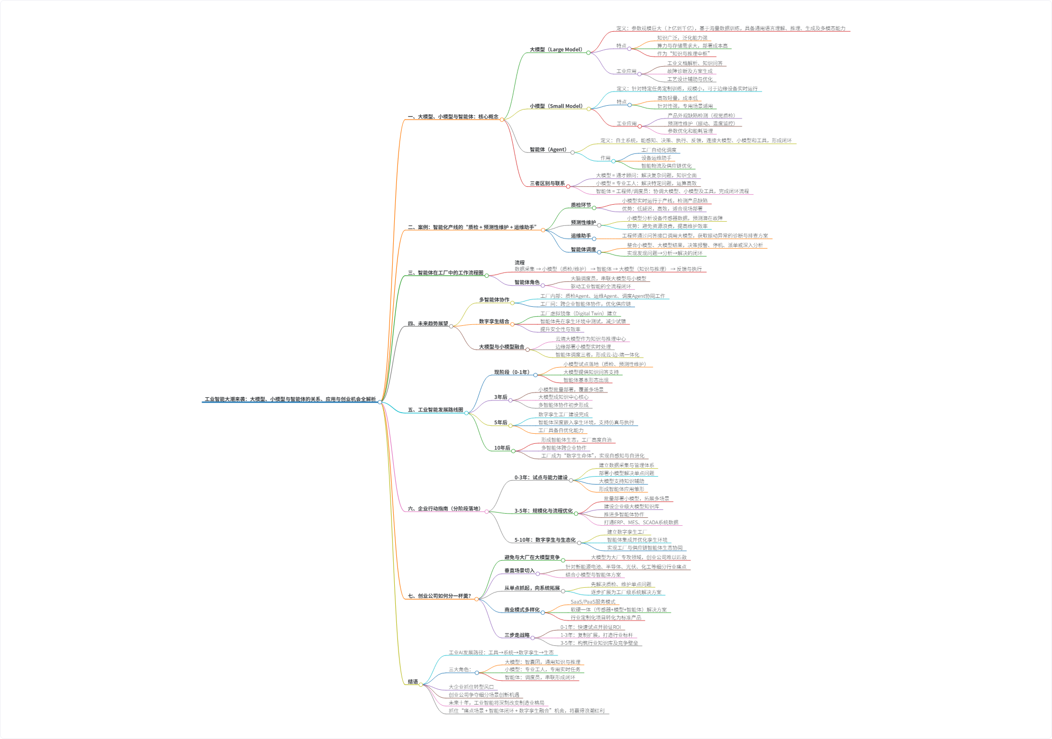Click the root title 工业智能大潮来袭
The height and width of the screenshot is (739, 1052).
pyautogui.click(x=290, y=399)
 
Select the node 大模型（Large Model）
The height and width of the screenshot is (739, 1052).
pyautogui.click(x=556, y=50)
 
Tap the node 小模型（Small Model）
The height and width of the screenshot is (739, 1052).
pyautogui.click(x=556, y=106)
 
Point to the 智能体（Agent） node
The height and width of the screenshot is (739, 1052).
pyautogui.click(x=548, y=150)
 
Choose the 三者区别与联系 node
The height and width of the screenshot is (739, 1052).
pyautogui.click(x=547, y=184)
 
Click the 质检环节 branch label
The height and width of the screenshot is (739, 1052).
pyautogui.click(x=581, y=205)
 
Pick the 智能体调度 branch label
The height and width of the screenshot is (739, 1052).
pyautogui.click(x=583, y=250)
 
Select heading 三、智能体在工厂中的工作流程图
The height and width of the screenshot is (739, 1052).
pyautogui.click(x=446, y=273)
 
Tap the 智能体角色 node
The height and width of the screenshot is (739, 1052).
pyautogui.click(x=527, y=282)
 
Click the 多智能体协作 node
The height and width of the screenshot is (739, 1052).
pyautogui.click(x=494, y=300)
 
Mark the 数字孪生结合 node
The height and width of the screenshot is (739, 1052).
pyautogui.click(x=494, y=322)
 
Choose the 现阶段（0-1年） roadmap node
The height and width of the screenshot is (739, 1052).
pyautogui.click(x=512, y=372)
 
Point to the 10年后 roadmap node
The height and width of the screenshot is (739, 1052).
pyautogui.click(x=502, y=448)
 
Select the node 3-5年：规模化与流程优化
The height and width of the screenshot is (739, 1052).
pyautogui.click(x=543, y=511)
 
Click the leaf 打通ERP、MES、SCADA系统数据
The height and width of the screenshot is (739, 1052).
pyautogui.click(x=641, y=523)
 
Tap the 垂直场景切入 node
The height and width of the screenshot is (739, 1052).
pyautogui.click(x=519, y=571)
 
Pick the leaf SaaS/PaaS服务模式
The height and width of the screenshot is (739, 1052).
pyautogui.click(x=593, y=602)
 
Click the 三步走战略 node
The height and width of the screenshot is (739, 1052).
pyautogui.click(x=517, y=635)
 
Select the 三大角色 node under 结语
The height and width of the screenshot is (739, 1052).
pyautogui.click(x=460, y=670)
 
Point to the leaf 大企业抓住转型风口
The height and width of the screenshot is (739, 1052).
pyautogui.click(x=471, y=687)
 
